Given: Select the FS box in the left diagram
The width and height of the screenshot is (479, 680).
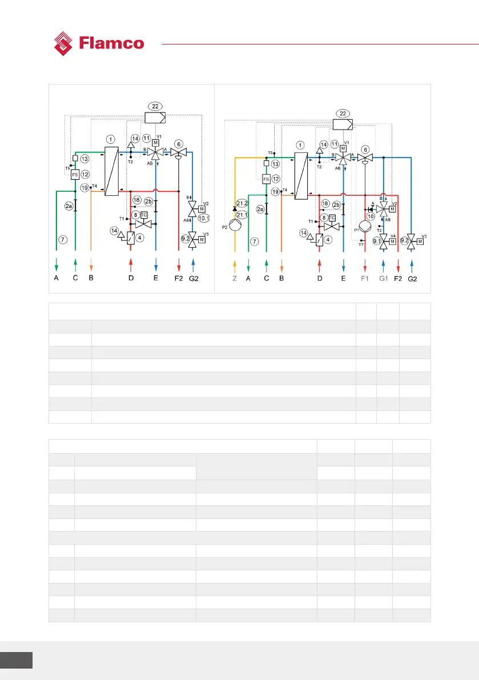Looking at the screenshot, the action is point(75,175).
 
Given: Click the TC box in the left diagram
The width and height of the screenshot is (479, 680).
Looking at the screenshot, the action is point(144,215).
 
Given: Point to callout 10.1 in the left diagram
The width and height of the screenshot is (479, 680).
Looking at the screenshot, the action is point(204,218).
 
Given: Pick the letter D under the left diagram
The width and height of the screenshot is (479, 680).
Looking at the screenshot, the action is point(131,279).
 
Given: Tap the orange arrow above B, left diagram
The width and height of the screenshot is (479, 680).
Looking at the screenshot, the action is point(91,264).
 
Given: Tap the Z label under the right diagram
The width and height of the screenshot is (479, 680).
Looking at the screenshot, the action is point(235,279).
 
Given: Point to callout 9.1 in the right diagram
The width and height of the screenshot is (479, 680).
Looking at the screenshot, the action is point(377,241).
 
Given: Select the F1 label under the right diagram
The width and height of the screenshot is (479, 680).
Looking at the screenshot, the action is point(365,279).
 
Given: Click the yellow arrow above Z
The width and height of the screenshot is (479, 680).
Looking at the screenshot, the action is point(235,264).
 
